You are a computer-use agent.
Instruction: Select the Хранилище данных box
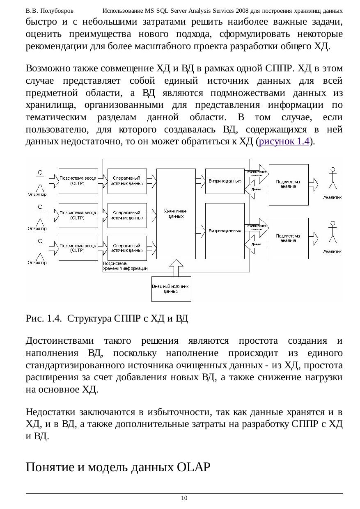(176, 213)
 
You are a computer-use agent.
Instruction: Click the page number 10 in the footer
(184, 498)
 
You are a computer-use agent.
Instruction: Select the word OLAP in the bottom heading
(192, 467)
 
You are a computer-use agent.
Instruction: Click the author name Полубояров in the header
(58, 10)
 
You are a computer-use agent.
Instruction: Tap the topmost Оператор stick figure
(39, 180)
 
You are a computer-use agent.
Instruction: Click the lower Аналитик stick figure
(332, 234)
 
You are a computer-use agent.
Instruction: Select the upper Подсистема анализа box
(288, 184)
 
